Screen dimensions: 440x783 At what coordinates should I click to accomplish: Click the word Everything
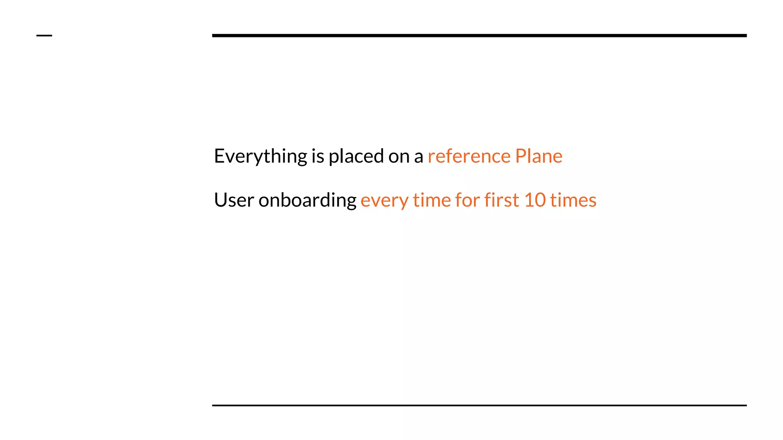[260, 156]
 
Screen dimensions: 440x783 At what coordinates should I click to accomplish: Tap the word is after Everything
[318, 156]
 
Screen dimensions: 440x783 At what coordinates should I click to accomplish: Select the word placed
[356, 156]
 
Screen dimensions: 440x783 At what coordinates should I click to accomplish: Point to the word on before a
[399, 156]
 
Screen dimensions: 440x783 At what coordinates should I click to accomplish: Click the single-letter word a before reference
[419, 157]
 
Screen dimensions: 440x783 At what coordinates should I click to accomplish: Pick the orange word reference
[469, 156]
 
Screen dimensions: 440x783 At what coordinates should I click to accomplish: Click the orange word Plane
[539, 156]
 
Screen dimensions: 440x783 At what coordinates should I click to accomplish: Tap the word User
[234, 200]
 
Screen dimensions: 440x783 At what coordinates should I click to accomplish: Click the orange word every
[384, 201]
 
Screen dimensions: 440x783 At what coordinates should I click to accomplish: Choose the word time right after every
[432, 200]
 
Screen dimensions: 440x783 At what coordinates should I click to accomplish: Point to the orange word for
[468, 200]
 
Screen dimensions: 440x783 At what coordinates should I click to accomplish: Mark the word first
[502, 200]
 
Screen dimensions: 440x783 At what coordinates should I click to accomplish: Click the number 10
[534, 200]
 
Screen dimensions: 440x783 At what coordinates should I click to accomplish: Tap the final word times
[573, 200]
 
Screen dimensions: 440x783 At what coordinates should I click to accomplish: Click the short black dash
[44, 36]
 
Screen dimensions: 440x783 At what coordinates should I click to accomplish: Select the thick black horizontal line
[479, 36]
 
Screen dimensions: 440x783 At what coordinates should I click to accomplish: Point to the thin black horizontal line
[479, 405]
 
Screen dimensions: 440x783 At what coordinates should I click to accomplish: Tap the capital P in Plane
[521, 156]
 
